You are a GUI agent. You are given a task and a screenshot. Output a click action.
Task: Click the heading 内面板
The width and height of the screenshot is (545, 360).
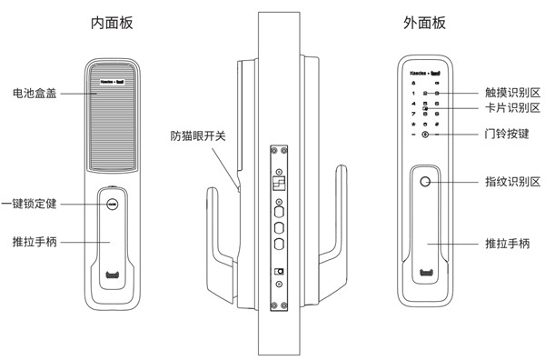click(x=113, y=21)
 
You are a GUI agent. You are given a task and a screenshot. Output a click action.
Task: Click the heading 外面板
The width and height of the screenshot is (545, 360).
click(x=425, y=21)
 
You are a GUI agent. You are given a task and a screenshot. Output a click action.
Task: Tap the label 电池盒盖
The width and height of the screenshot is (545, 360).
click(x=35, y=93)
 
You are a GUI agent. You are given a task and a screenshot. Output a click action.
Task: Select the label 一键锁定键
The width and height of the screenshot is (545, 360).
click(x=30, y=204)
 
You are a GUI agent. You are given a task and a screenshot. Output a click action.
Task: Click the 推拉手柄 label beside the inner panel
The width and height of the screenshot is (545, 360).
click(x=35, y=243)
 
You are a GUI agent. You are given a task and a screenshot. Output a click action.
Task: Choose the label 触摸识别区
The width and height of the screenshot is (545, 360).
click(x=511, y=93)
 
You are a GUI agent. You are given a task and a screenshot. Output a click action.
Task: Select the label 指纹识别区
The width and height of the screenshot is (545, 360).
click(x=511, y=183)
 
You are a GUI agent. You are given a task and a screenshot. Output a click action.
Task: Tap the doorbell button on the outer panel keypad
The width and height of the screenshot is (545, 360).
click(x=424, y=135)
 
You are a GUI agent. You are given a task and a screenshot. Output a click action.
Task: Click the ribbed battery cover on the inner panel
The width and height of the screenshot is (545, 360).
click(x=113, y=127)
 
